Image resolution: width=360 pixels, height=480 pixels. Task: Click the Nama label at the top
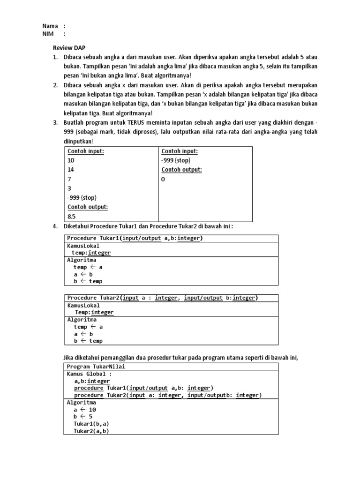point(50,26)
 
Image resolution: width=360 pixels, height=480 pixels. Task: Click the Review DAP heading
point(68,48)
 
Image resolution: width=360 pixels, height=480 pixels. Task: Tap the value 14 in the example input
point(71,170)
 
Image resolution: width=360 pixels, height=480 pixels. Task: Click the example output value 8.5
point(71,217)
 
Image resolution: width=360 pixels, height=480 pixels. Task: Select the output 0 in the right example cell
point(164,179)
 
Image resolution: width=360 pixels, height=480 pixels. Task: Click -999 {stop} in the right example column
point(176,160)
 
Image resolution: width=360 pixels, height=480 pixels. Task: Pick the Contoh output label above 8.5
point(88,207)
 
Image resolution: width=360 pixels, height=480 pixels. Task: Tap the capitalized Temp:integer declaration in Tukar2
point(94,312)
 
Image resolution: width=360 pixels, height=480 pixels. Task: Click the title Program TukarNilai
point(96,367)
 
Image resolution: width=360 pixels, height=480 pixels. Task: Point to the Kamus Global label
point(90,374)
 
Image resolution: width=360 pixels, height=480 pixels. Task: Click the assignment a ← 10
point(85,409)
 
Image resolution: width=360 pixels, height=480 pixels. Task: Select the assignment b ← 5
point(83,416)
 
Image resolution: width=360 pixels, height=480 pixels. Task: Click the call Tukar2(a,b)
point(91,431)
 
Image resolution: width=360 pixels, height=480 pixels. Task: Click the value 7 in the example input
point(69,179)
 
